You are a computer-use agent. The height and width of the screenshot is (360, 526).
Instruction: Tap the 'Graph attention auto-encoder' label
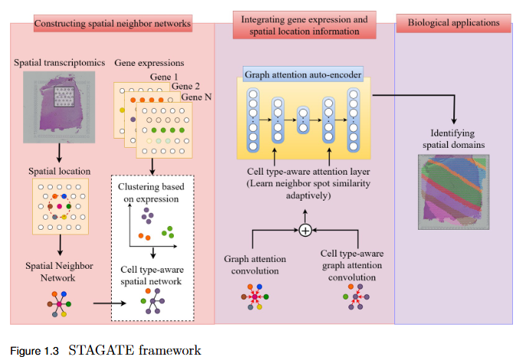pyautogui.click(x=303, y=76)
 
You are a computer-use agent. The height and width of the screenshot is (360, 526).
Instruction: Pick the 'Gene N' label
pyautogui.click(x=197, y=97)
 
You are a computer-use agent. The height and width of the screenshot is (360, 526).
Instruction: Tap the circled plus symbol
pyautogui.click(x=305, y=231)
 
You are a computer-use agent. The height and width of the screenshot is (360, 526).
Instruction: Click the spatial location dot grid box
pyautogui.click(x=58, y=206)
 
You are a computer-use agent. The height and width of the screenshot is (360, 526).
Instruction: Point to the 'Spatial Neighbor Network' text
pyautogui.click(x=58, y=270)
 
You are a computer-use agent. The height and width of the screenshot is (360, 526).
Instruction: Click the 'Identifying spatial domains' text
pyautogui.click(x=453, y=136)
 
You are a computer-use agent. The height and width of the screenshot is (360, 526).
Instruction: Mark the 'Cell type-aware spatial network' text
pyautogui.click(x=151, y=275)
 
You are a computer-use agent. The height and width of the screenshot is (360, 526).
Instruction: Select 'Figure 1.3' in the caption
pyautogui.click(x=35, y=352)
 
